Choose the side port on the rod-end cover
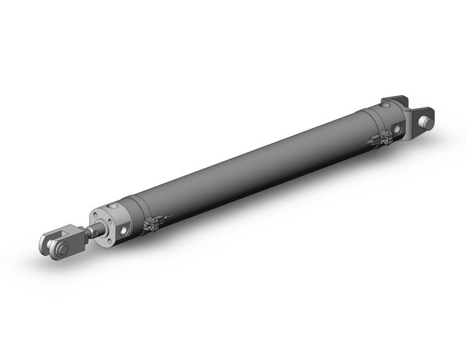tap(125, 230)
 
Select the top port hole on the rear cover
tap(384, 107)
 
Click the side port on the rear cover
tap(399, 129)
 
